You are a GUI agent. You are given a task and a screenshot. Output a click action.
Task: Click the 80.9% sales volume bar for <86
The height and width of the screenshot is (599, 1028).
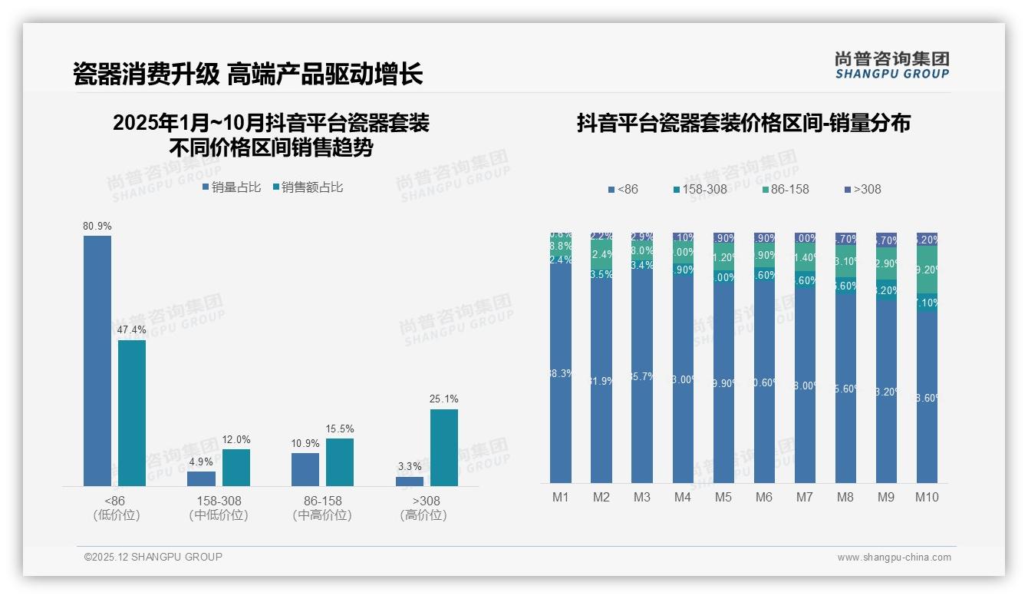[97, 360]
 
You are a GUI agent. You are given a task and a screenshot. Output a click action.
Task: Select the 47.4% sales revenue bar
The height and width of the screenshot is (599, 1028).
[132, 412]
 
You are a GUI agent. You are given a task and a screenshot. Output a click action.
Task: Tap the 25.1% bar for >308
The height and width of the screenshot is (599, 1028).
[444, 447]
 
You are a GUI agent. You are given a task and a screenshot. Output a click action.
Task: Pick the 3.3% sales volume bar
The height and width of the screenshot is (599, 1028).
[410, 481]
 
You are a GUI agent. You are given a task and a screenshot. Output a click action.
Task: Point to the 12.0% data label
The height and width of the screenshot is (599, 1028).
[236, 440]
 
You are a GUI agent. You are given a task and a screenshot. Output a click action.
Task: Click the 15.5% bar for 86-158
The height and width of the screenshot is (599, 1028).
[340, 462]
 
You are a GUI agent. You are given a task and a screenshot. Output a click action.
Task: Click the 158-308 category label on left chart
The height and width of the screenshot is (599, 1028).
[219, 501]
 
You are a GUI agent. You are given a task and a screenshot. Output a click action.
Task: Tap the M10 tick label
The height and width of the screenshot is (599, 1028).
[927, 497]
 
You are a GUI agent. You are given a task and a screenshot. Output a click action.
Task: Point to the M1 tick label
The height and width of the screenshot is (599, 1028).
[561, 497]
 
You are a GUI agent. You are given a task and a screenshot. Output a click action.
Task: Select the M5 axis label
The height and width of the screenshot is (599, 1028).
[723, 497]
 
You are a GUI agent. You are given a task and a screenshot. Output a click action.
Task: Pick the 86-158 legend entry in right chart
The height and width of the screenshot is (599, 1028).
[785, 189]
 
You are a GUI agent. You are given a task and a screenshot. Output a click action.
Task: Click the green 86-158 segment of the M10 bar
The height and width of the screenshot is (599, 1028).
[927, 270]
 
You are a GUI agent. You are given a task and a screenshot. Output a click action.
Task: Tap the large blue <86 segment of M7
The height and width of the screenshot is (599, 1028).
[805, 386]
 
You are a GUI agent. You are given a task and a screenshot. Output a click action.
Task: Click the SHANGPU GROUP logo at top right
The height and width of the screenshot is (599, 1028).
[892, 65]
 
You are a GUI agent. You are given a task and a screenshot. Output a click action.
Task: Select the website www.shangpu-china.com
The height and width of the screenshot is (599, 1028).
[894, 558]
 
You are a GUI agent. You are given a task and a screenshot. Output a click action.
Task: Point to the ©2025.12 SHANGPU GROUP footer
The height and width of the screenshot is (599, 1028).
[153, 557]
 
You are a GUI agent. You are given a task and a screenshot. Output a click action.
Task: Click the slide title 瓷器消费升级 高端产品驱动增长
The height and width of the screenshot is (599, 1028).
[248, 74]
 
